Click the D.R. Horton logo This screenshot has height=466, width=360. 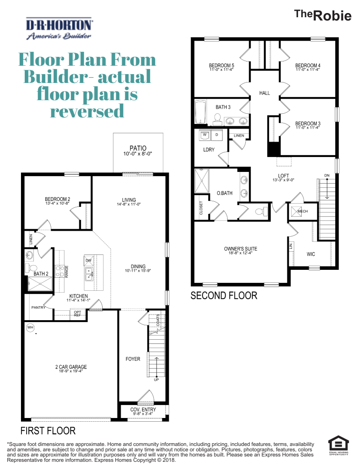click(59, 29)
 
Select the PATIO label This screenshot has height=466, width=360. click(138, 149)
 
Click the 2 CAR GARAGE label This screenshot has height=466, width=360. click(71, 367)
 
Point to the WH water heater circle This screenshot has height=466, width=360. click(31, 327)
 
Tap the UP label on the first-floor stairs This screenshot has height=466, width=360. click(156, 380)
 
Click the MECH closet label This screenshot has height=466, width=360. click(303, 211)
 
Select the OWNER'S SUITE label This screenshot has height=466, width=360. click(240, 249)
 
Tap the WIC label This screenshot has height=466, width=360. click(311, 254)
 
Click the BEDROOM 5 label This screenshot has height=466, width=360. click(222, 66)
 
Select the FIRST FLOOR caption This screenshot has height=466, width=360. click(48, 430)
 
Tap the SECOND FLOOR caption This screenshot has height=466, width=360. click(224, 295)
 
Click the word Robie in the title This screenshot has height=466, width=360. click(332, 16)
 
